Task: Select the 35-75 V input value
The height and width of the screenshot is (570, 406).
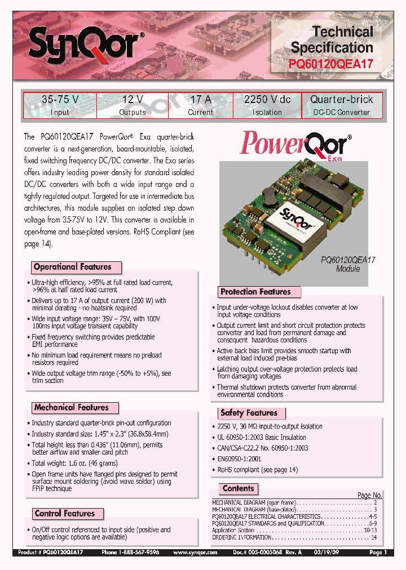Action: (x=60, y=100)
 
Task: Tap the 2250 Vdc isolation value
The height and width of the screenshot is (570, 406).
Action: (x=267, y=100)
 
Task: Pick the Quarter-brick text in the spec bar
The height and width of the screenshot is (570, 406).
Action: (x=342, y=100)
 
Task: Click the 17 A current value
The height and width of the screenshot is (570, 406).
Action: (x=201, y=100)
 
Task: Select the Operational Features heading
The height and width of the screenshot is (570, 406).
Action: (x=73, y=267)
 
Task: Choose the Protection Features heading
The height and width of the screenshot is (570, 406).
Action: (x=255, y=292)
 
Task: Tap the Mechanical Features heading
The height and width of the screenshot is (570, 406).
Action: (x=71, y=407)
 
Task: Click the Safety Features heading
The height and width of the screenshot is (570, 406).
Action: (x=249, y=413)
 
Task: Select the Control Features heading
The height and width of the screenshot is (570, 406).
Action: (x=65, y=513)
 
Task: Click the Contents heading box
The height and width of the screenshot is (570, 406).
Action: (x=238, y=489)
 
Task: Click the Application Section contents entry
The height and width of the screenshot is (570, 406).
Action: (x=233, y=531)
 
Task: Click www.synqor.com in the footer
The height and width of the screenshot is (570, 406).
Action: (x=195, y=553)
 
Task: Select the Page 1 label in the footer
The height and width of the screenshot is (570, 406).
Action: (x=378, y=553)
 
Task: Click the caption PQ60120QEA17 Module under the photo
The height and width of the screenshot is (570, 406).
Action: (x=348, y=264)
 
